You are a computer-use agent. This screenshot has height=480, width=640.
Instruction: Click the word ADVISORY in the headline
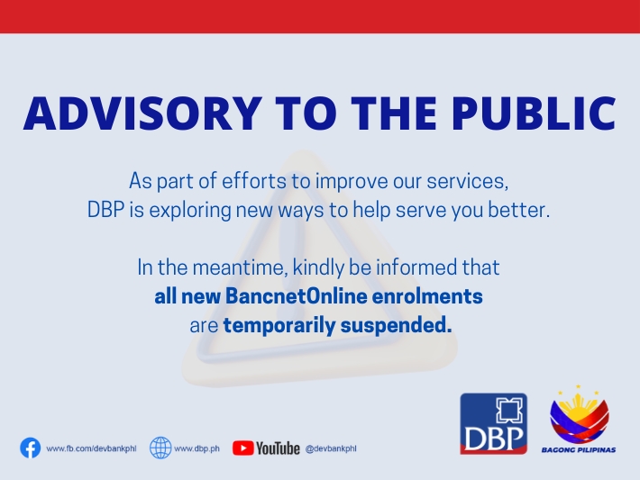[x=142, y=113]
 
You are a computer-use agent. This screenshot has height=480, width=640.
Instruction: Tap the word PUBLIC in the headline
[x=534, y=113]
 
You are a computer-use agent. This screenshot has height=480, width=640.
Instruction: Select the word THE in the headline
[x=394, y=113]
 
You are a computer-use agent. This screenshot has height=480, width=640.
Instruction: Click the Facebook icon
[x=31, y=448]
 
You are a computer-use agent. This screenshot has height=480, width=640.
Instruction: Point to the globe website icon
[x=160, y=448]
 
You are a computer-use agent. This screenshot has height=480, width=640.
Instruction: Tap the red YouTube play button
[x=242, y=448]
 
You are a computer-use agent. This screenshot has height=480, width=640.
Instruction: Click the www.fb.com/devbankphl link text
[x=91, y=448]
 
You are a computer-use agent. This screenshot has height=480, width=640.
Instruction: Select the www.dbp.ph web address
[x=197, y=448]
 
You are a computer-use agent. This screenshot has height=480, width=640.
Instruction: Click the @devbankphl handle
[x=331, y=448]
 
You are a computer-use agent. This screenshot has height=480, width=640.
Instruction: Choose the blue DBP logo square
[x=493, y=423]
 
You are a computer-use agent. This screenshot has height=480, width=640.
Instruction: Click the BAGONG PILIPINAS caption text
[x=579, y=449]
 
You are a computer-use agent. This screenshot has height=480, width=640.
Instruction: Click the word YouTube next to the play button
[x=278, y=448]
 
